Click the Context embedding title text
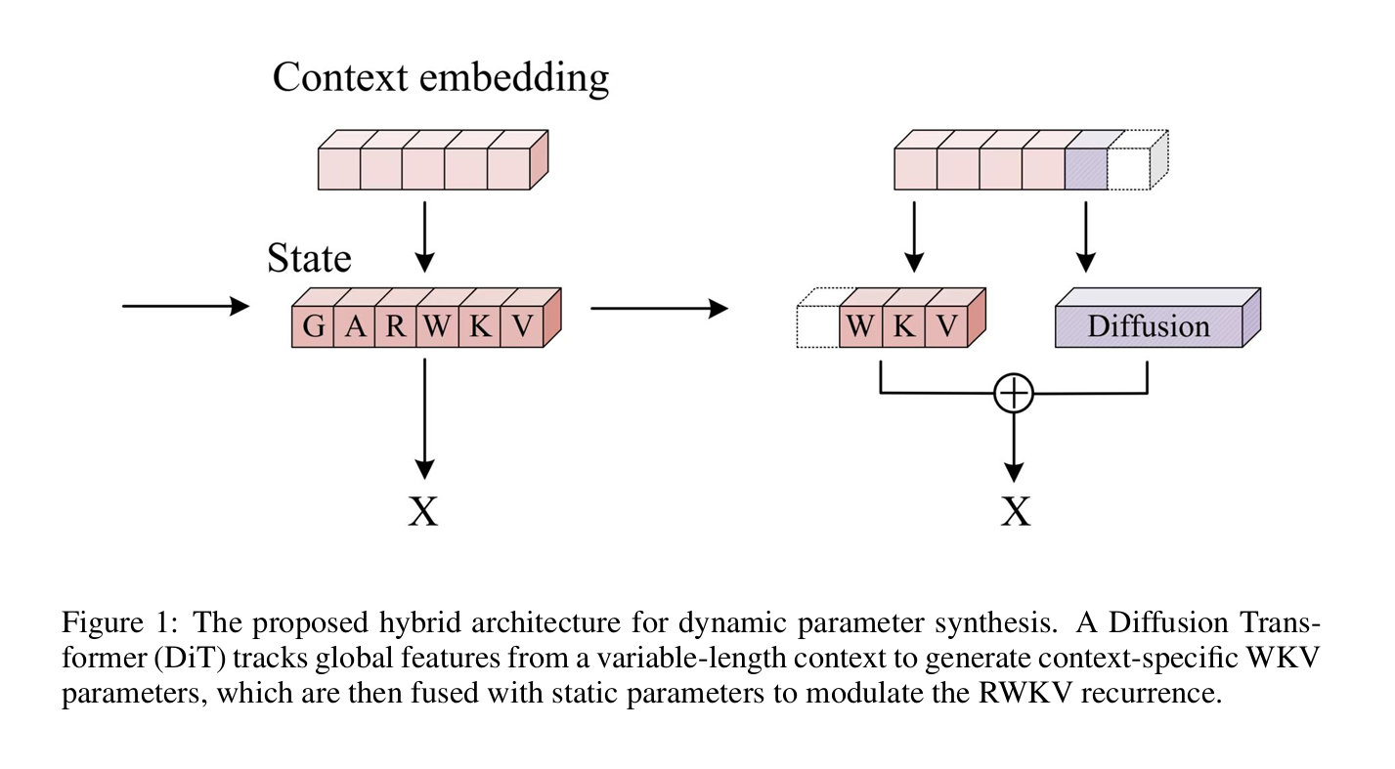tap(440, 76)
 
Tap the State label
tap(309, 258)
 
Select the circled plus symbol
tap(1014, 394)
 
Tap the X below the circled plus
tap(1015, 510)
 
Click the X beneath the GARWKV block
tap(423, 510)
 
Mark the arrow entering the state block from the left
tap(185, 306)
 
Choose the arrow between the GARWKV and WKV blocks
tap(659, 309)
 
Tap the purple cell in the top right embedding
tap(1085, 169)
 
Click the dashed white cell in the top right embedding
tap(1128, 169)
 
